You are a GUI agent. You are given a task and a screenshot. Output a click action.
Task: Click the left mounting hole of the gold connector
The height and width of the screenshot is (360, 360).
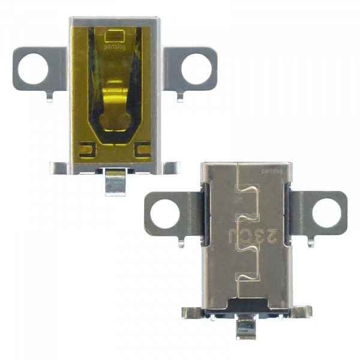[x=33, y=68]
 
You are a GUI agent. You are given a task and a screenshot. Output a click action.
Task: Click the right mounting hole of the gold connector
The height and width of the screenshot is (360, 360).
[x=196, y=69]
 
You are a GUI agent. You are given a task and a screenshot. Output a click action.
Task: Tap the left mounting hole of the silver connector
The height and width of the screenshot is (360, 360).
[x=165, y=214]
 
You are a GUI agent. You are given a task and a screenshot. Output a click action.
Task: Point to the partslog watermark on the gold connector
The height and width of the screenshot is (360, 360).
[x=115, y=47]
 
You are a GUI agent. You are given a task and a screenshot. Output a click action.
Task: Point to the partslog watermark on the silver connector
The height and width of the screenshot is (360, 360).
[x=272, y=171]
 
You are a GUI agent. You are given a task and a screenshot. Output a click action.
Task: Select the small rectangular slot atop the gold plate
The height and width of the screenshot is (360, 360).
[x=115, y=36]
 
